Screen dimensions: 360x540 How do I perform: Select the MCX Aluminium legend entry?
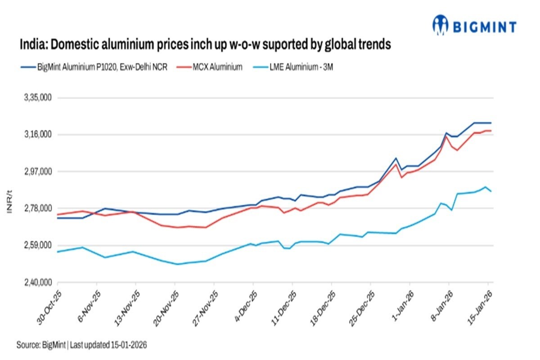(x=216, y=67)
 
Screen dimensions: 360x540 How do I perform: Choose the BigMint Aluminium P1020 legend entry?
(x=95, y=67)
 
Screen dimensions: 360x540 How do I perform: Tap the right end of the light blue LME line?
(x=491, y=192)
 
